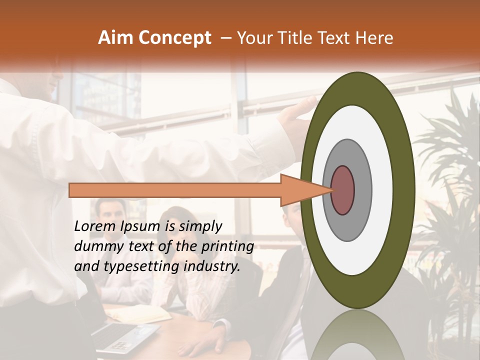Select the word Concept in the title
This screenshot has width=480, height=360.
click(x=174, y=38)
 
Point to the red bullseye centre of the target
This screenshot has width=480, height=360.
click(x=342, y=190)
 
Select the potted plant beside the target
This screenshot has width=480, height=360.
click(x=447, y=165)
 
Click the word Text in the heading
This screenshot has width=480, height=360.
click(x=334, y=38)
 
